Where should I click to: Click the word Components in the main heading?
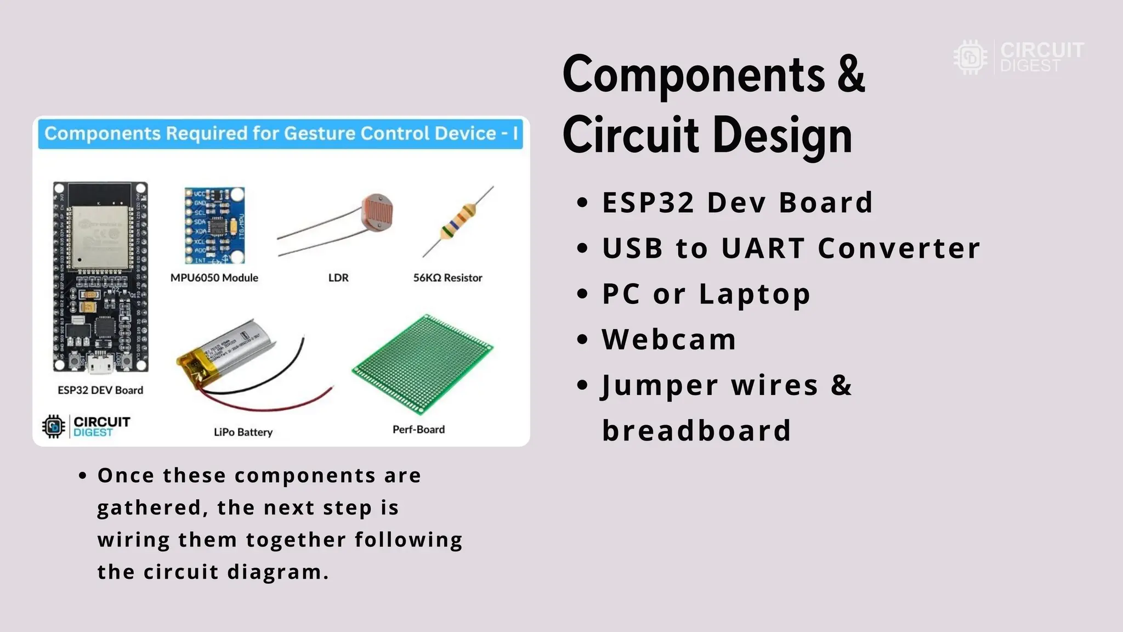(694, 75)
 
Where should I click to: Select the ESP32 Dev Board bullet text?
(737, 202)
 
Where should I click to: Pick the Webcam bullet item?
(669, 339)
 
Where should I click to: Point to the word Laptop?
(755, 294)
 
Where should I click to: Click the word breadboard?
(696, 431)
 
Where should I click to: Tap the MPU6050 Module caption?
(214, 278)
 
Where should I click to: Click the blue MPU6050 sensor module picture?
(214, 225)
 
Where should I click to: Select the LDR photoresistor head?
(377, 210)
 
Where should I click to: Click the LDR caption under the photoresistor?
(338, 278)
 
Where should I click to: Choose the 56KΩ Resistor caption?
(447, 278)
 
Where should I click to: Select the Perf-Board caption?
(418, 430)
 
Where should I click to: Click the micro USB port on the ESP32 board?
(100, 364)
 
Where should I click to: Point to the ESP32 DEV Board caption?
(100, 390)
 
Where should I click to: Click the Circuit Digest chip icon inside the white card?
(54, 426)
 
